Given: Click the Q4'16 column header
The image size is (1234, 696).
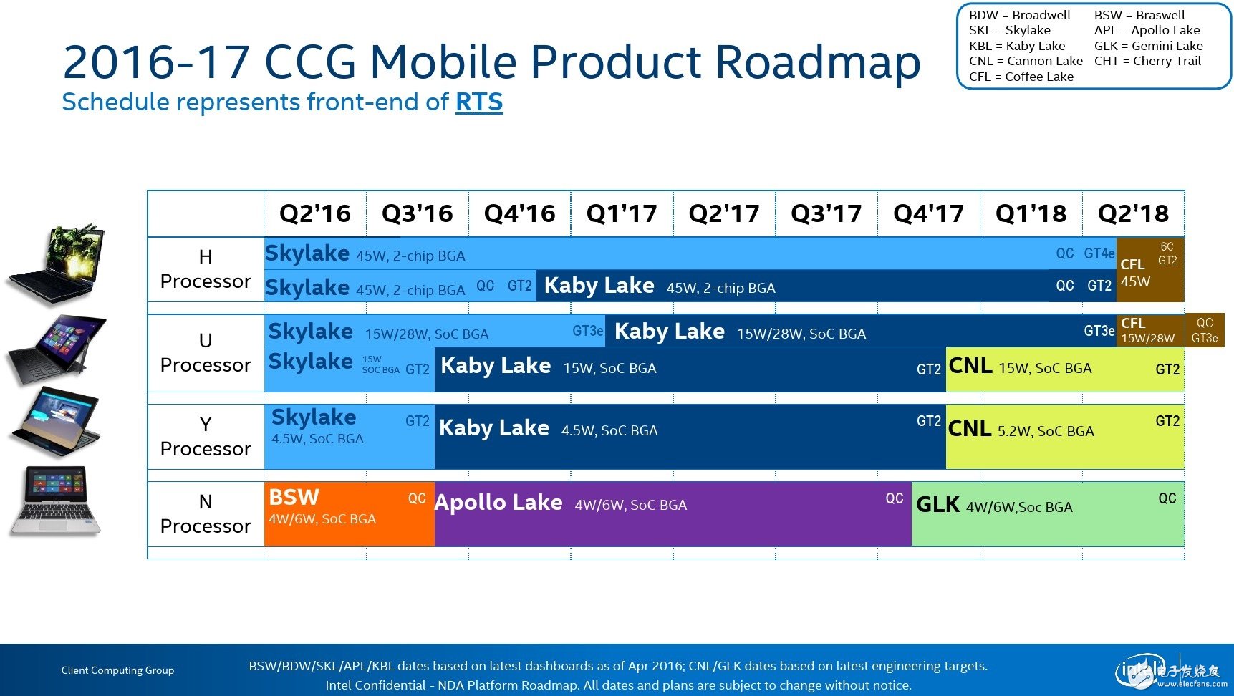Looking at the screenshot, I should point(519,213).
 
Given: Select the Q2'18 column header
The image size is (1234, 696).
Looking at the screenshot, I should point(1133,213).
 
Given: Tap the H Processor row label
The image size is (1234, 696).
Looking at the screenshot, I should point(206,269).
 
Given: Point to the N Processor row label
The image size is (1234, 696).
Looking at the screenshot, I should point(206,513).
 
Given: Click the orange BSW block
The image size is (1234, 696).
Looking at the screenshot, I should point(349,513).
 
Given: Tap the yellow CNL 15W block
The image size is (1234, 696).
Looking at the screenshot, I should point(1064,369).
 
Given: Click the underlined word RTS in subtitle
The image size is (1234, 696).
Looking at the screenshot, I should point(479,102).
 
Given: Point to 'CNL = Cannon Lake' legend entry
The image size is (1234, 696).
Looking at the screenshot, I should point(1026,61).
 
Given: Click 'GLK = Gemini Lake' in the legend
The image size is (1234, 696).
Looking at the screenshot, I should point(1148,46).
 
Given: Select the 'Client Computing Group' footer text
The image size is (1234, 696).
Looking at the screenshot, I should point(117,670).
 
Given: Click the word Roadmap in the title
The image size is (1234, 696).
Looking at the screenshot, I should point(818,62).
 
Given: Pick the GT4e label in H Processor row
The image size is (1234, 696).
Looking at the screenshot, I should point(1099,253).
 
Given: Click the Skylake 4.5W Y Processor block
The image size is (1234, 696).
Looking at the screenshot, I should point(349,437).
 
